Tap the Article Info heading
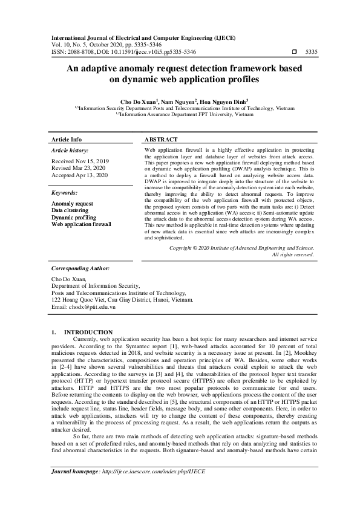pyautogui.click(x=66, y=139)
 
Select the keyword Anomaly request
pyautogui.click(x=72, y=204)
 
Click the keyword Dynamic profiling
pyautogui.click(x=73, y=217)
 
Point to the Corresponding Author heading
pyautogui.click(x=80, y=267)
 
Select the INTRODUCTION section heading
pyautogui.click(x=88, y=332)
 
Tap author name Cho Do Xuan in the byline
pyautogui.click(x=139, y=101)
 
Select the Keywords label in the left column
pyautogui.click(x=64, y=192)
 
